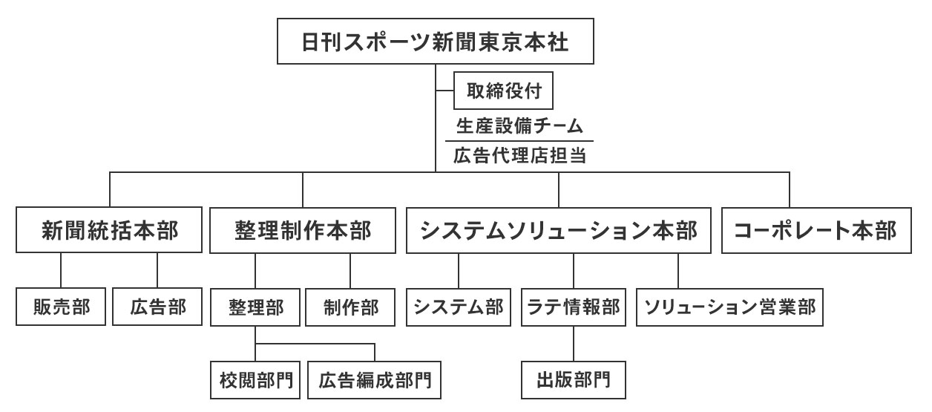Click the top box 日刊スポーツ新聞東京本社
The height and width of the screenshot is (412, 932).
click(436, 42)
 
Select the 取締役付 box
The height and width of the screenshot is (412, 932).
click(504, 93)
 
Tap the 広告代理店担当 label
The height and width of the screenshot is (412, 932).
click(519, 157)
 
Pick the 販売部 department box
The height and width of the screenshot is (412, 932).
click(60, 307)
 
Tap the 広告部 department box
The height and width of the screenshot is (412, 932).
click(157, 307)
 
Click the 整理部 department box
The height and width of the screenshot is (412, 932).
click(255, 307)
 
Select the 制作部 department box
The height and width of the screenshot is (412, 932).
click(351, 307)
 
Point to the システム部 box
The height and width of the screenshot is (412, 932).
click(459, 307)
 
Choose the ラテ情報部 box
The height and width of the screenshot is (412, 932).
click(574, 307)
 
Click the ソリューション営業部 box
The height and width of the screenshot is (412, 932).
click(730, 307)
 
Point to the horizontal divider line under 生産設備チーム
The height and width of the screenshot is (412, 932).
click(519, 141)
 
